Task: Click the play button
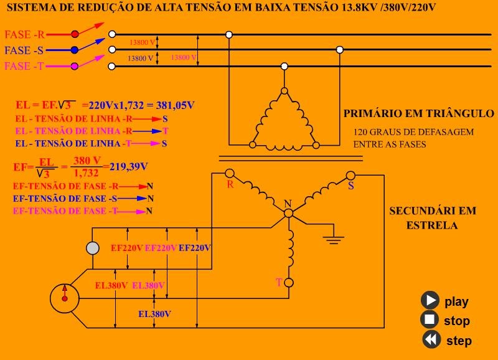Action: click(430, 300)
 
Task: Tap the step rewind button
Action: click(430, 339)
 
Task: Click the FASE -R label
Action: click(24, 34)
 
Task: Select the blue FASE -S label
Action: click(24, 50)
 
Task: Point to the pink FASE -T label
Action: click(24, 66)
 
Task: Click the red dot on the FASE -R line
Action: click(75, 34)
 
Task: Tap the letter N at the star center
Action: click(288, 204)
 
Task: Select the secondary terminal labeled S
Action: click(350, 175)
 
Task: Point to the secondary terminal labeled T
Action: click(288, 283)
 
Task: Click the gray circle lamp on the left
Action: click(92, 249)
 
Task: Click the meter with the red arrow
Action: click(63, 297)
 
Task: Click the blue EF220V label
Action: click(194, 248)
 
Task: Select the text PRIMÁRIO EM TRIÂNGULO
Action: click(418, 114)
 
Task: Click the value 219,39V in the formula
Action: click(128, 166)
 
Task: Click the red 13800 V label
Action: click(183, 57)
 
